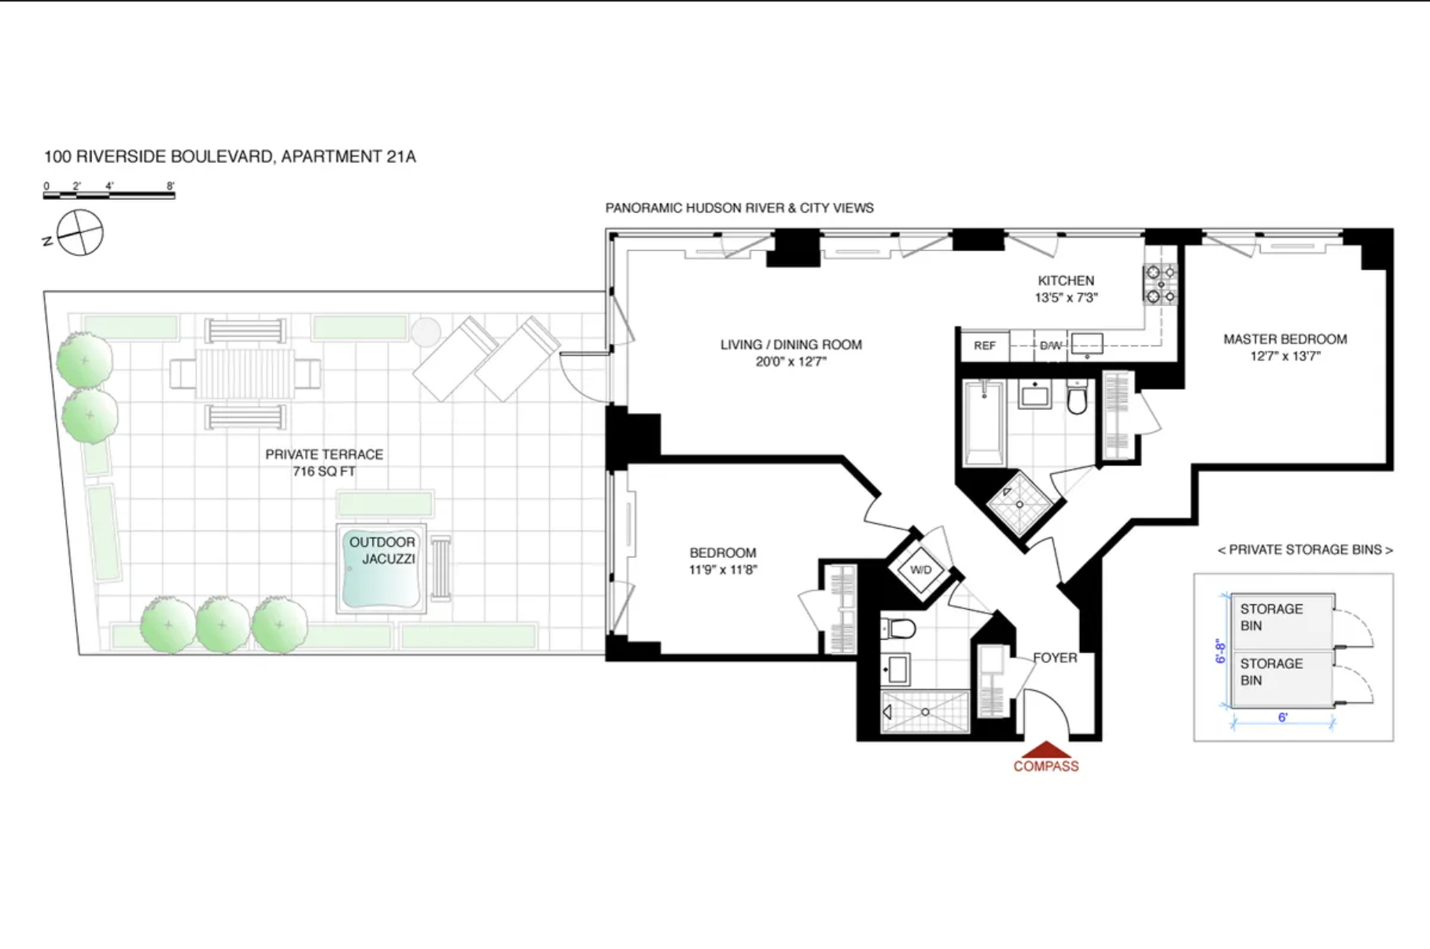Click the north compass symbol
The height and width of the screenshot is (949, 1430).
[x=79, y=233]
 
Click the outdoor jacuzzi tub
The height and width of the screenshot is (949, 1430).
[x=381, y=568]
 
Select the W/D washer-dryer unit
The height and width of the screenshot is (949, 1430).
[x=920, y=570]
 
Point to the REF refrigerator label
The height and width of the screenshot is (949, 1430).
[x=984, y=345]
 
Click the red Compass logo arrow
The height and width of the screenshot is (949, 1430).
[x=1045, y=750]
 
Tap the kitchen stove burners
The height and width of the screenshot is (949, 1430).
[x=1160, y=284]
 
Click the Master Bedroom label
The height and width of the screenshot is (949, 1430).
[x=1284, y=347]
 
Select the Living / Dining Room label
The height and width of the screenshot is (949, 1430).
[x=791, y=353]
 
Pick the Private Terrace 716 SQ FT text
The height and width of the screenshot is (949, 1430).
[x=324, y=463]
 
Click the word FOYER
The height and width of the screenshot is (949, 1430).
[x=1055, y=658]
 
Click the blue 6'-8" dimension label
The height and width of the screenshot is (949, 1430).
[x=1221, y=651]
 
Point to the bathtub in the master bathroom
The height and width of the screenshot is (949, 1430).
[x=983, y=423]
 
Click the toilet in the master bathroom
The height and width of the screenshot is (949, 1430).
[x=1077, y=397]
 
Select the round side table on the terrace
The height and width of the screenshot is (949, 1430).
[x=426, y=332]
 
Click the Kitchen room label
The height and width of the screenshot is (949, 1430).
[x=1066, y=289]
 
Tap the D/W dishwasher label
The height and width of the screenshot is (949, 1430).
[x=1050, y=345]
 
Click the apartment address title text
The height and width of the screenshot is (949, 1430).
[x=230, y=157]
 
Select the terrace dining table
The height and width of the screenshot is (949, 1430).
[x=245, y=373]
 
